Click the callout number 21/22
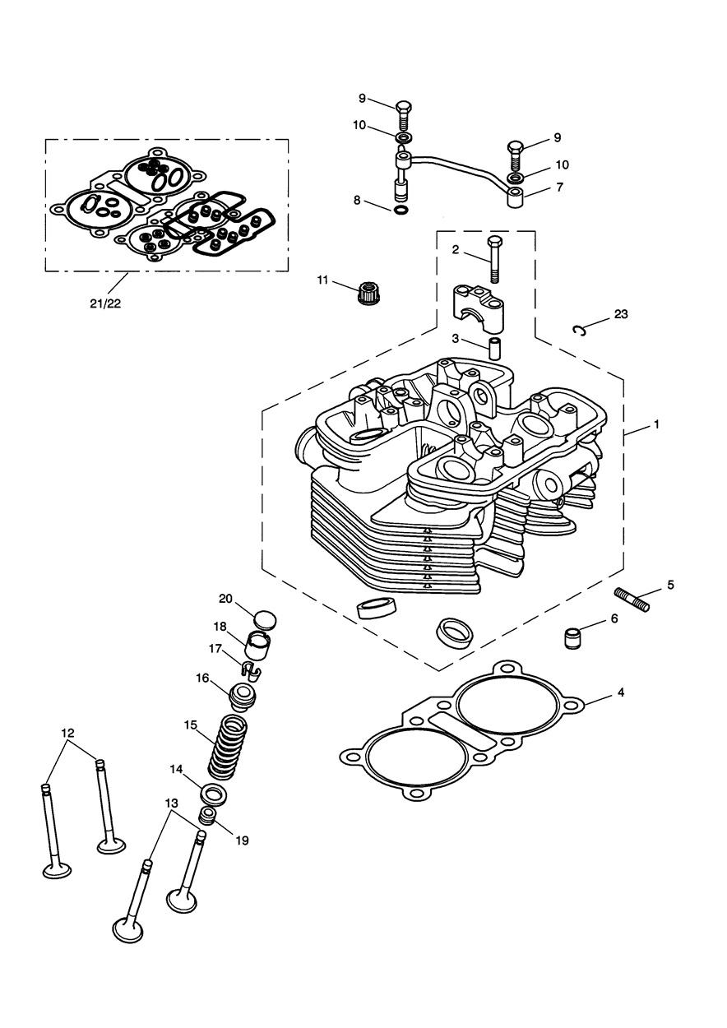pos(104,303)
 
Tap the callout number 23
pos(620,314)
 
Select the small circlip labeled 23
pos(580,331)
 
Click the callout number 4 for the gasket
pos(621,692)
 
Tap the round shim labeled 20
pos(264,618)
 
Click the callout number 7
pos(559,188)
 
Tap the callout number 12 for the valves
pos(67,732)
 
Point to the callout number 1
pos(656,424)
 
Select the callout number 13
pos(171,802)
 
